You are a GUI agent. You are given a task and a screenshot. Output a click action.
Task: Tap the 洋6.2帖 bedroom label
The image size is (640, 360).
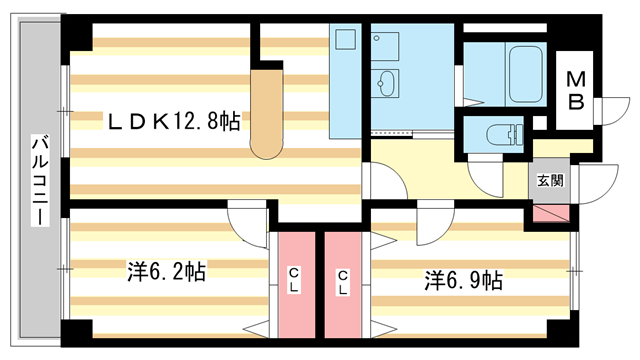click(166, 271)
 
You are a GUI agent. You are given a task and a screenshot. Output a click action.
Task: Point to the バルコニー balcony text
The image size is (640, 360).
click(41, 180)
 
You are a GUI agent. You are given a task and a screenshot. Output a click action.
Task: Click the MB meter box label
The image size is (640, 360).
click(577, 90)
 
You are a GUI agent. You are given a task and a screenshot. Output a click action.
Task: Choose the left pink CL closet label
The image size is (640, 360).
click(295, 281)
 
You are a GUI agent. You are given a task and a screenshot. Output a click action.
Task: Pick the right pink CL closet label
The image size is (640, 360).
click(342, 281)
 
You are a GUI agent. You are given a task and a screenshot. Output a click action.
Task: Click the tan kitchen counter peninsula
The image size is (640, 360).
click(267, 110)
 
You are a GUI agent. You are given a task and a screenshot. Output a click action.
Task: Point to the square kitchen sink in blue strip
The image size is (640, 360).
click(345, 41)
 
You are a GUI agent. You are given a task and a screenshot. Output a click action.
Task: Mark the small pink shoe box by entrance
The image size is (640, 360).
click(549, 213)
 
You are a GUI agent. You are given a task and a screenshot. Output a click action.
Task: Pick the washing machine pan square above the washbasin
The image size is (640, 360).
click(384, 43)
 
